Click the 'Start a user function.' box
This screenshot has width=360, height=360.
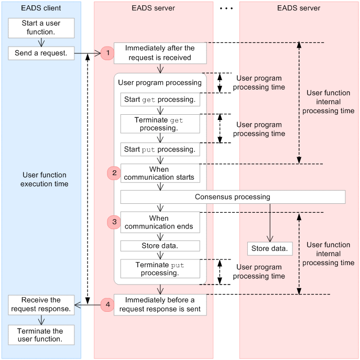pyautogui.click(x=41, y=28)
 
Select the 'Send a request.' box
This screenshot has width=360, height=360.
pyautogui.click(x=41, y=53)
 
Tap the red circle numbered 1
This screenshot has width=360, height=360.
pyautogui.click(x=107, y=53)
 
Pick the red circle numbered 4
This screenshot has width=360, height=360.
pyautogui.click(x=107, y=304)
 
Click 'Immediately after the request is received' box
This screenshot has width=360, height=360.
pyautogui.click(x=160, y=53)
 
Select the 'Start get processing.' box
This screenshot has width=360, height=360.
pyautogui.click(x=160, y=100)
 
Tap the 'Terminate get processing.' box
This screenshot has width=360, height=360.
pyautogui.click(x=160, y=124)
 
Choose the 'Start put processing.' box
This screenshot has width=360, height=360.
pyautogui.click(x=160, y=149)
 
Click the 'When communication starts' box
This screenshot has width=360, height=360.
pyautogui.click(x=160, y=173)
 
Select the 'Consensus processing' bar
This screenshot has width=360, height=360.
pyautogui.click(x=233, y=197)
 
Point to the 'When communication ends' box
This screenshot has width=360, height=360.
pyautogui.click(x=160, y=222)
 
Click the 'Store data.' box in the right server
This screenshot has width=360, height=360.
pyautogui.click(x=269, y=248)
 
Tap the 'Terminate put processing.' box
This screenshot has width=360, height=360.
pyautogui.click(x=160, y=269)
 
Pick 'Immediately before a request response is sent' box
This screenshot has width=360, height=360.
pyautogui.click(x=160, y=304)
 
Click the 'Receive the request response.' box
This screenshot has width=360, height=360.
pyautogui.click(x=41, y=304)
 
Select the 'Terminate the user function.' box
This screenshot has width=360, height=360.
pyautogui.click(x=41, y=335)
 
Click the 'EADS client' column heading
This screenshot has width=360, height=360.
pyautogui.click(x=41, y=8)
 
